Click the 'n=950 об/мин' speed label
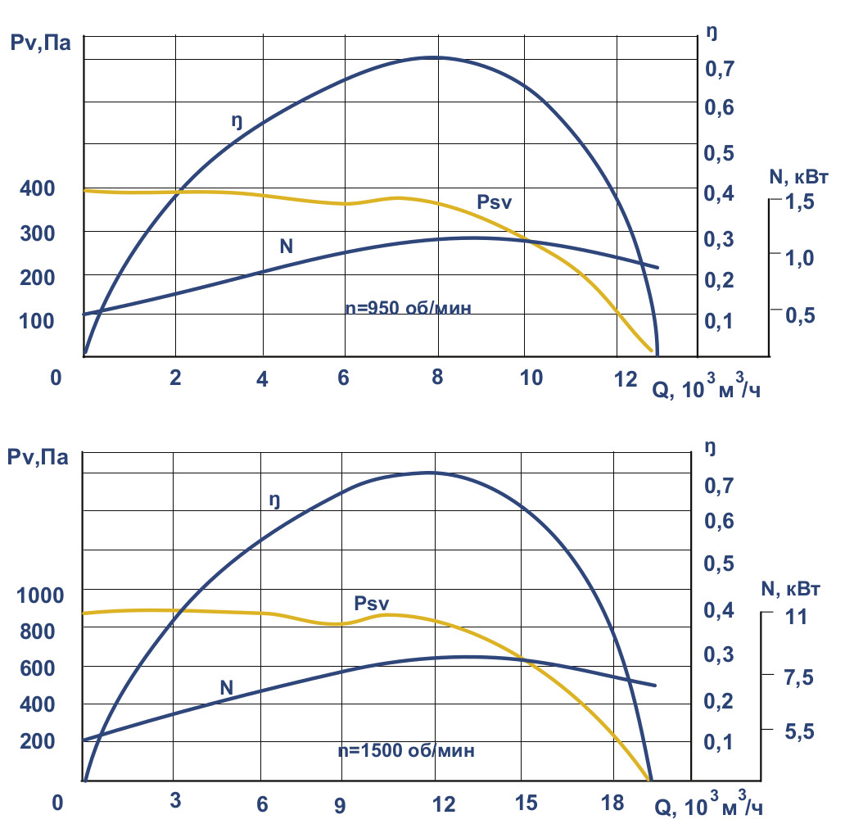point(409,309)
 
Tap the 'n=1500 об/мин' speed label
point(406,749)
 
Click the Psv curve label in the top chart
point(494,201)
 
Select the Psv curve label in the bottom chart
point(372,604)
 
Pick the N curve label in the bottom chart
point(227,688)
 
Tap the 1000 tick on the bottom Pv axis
point(39,595)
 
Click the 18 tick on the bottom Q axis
point(612,804)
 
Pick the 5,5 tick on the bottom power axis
point(800,732)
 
